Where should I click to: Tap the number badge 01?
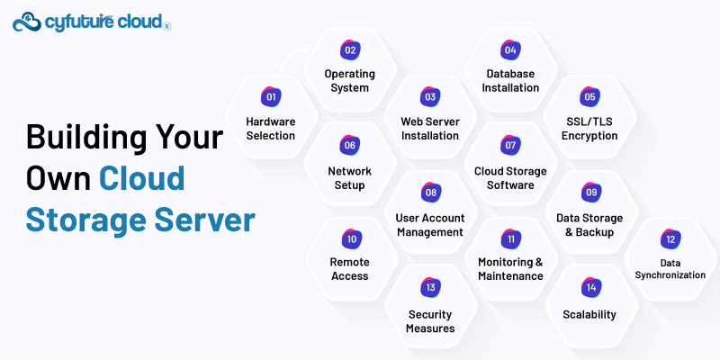(x=270, y=97)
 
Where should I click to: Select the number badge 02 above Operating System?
(x=349, y=50)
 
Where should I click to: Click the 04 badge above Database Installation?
(x=510, y=50)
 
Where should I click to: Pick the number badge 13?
(x=430, y=288)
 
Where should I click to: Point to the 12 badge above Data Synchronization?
(x=670, y=239)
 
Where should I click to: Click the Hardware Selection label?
(x=270, y=129)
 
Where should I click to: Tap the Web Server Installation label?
(x=429, y=129)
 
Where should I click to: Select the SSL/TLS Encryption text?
(x=589, y=129)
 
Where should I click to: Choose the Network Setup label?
(x=349, y=177)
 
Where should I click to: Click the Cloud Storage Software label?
(x=510, y=177)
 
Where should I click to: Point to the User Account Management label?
(x=429, y=224)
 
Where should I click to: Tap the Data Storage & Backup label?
(x=590, y=224)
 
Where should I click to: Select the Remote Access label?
(x=350, y=269)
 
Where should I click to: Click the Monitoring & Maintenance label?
(x=510, y=269)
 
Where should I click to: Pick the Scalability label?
(x=589, y=314)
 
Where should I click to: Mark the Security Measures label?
(x=430, y=321)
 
